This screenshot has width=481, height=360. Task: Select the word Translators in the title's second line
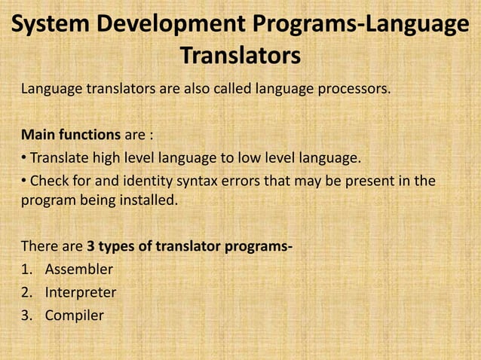coord(240,56)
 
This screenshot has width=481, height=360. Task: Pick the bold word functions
coord(90,136)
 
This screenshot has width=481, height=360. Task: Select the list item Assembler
coord(78,270)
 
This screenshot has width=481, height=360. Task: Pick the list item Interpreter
coord(80,293)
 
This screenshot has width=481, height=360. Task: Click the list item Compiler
coord(74,316)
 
